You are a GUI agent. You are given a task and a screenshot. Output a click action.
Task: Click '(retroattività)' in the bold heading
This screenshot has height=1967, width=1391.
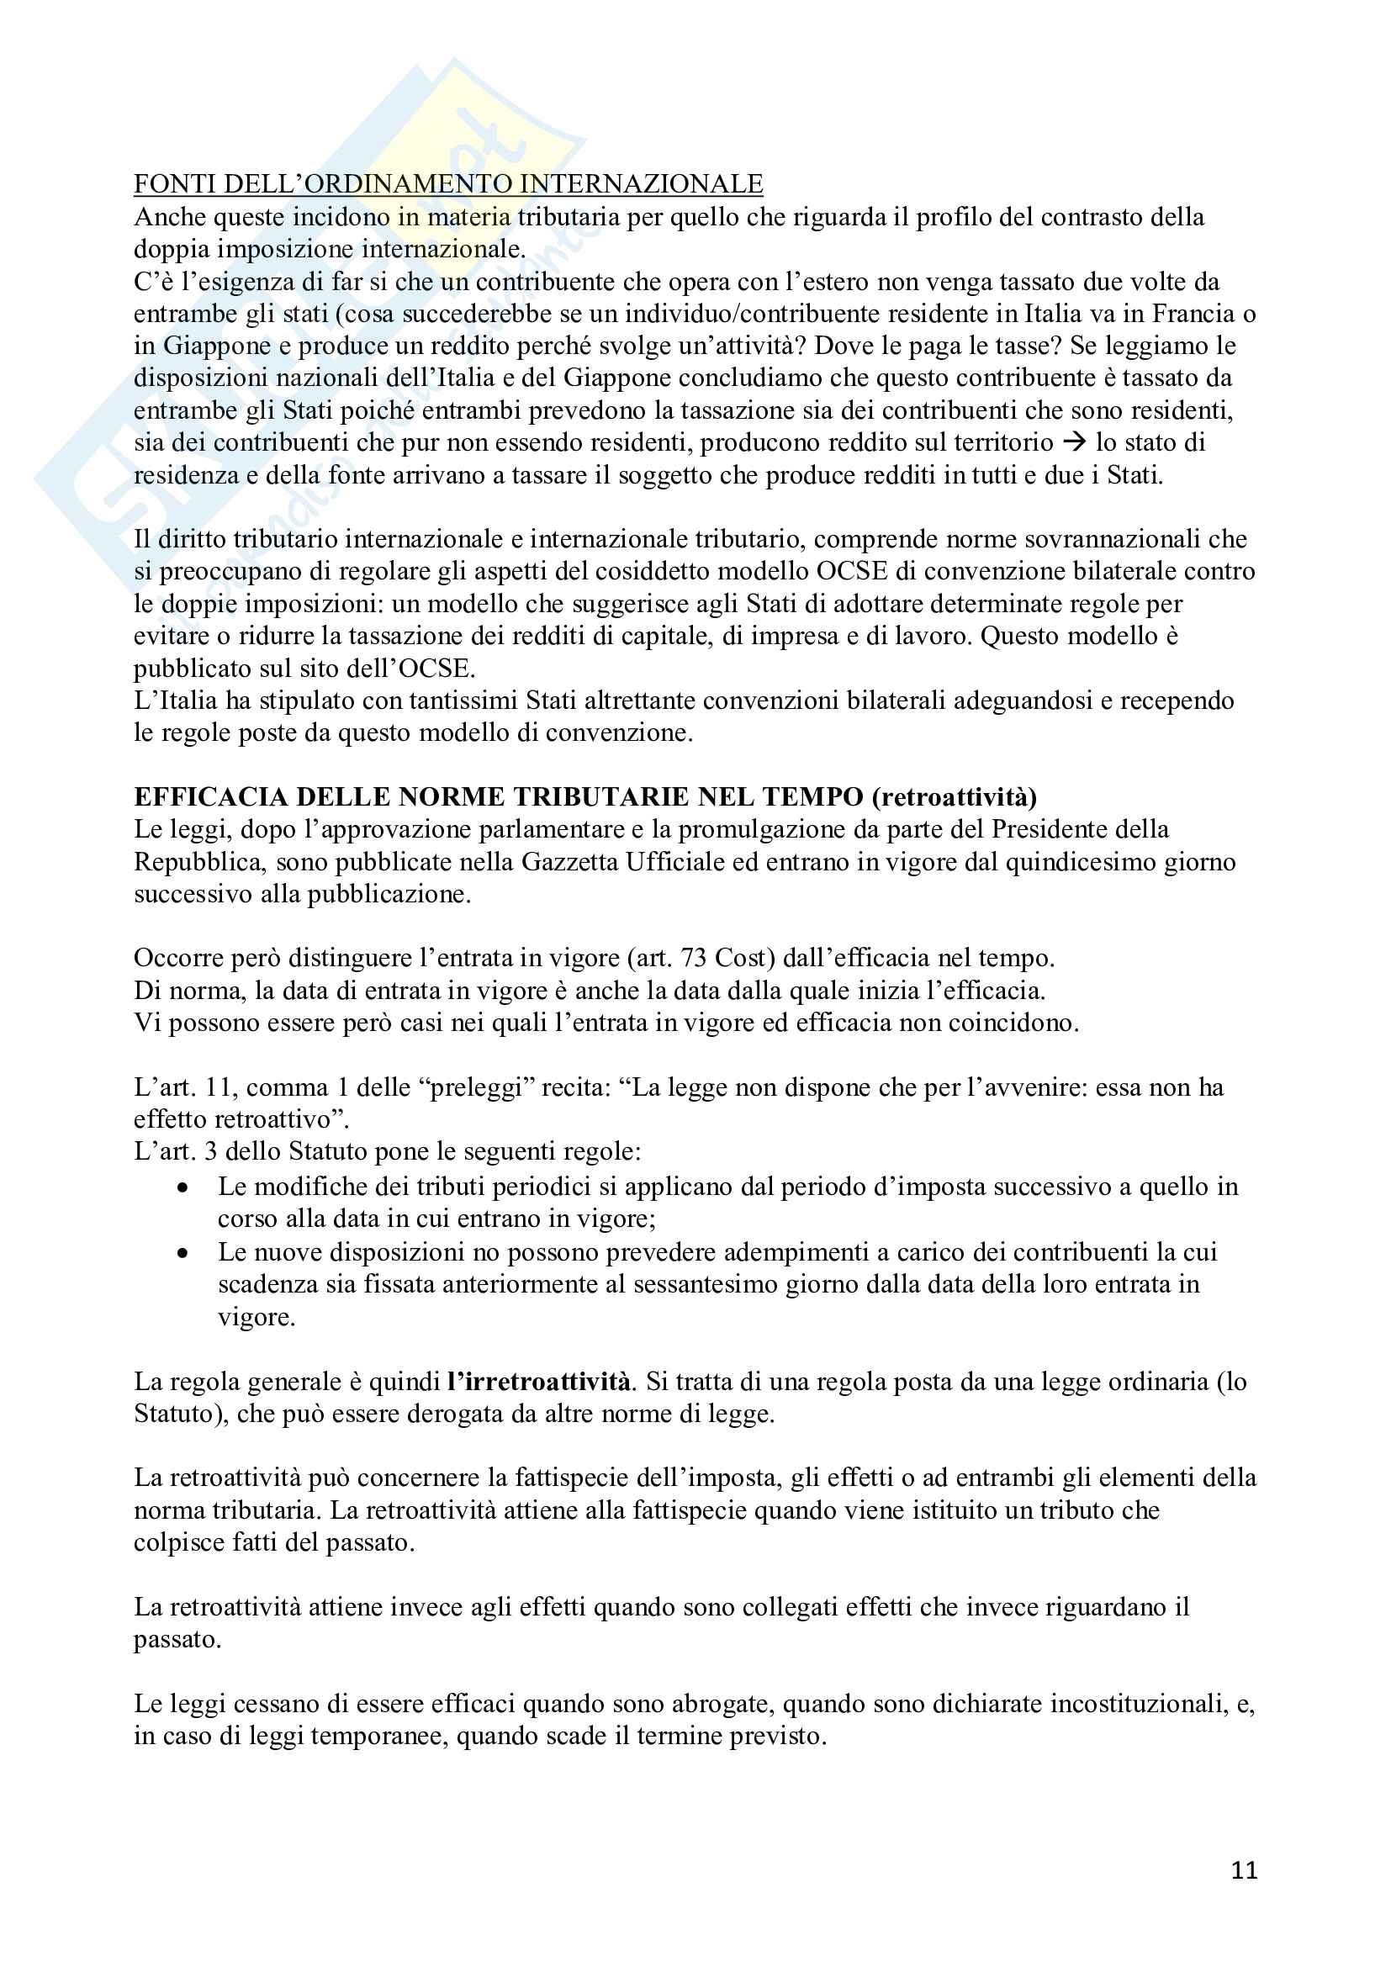click(x=955, y=796)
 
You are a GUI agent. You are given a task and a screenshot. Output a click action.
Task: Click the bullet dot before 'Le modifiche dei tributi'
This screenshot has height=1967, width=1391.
click(x=182, y=1187)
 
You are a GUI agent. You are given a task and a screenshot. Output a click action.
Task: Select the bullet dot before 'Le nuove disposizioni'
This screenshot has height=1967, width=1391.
click(x=182, y=1252)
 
